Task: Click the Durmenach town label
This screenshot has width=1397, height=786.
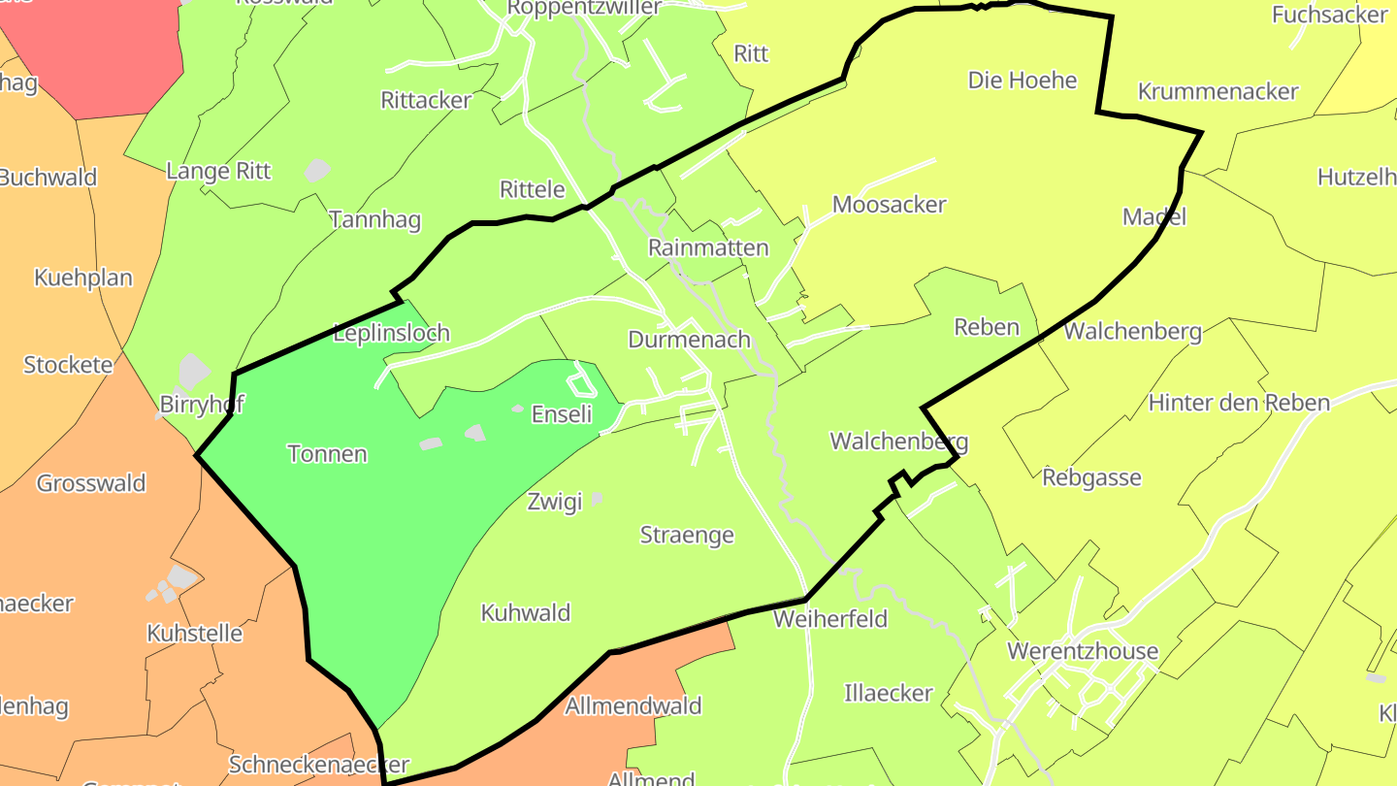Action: coord(689,340)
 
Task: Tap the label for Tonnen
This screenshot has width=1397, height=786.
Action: coord(328,453)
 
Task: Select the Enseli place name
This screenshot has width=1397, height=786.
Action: coord(562,414)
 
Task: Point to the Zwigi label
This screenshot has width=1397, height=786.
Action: coord(555,502)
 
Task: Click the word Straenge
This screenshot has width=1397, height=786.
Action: coord(687,535)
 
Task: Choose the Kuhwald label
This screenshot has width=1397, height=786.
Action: coord(526,612)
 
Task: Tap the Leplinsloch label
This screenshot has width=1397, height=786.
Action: coord(391,333)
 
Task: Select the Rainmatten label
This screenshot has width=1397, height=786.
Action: coord(708,247)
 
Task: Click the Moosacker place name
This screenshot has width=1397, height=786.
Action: coord(889,205)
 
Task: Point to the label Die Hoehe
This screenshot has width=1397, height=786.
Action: coord(1023,80)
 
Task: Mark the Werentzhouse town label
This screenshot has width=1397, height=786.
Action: coord(1083,650)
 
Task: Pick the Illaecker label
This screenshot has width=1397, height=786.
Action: coord(889,693)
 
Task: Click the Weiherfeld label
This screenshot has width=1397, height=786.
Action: coord(830,618)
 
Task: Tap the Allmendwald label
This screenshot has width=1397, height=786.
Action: coord(634,705)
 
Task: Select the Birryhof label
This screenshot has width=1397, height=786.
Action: coord(201,404)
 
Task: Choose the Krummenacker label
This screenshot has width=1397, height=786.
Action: coord(1218,91)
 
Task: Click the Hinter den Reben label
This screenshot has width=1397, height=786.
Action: coord(1239,403)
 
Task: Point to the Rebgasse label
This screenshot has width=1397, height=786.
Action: coord(1091,477)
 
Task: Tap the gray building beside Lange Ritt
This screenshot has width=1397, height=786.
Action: coord(317,171)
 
